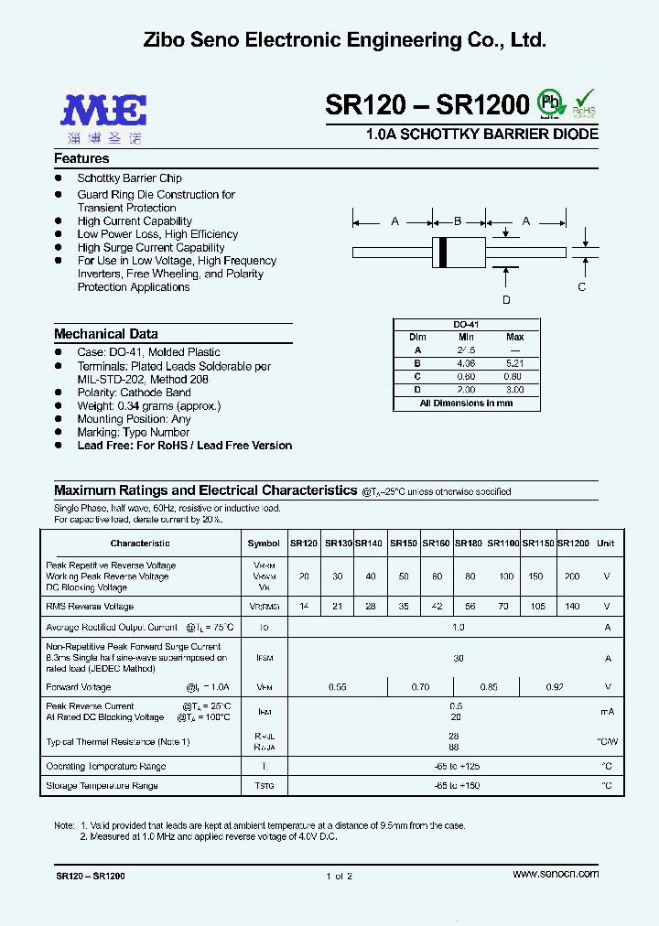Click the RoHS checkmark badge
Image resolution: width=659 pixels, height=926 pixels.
coord(583,104)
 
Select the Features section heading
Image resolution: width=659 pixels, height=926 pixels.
coord(81,158)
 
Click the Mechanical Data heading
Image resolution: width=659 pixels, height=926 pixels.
coord(105,334)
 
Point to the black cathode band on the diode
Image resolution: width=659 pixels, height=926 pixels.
coord(445,252)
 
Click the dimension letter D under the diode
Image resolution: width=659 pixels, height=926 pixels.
coord(506,300)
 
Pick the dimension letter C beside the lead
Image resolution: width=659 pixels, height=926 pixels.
coord(581,286)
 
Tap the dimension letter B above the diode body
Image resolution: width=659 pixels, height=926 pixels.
coord(459,221)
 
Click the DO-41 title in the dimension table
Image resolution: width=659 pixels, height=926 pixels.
coord(466,325)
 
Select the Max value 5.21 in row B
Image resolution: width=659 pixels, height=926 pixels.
coord(515,362)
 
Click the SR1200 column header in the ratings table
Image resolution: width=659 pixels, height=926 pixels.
coord(574,544)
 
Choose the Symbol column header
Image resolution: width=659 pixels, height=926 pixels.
coord(264,544)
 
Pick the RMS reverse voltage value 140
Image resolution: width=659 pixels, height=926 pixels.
coord(572,607)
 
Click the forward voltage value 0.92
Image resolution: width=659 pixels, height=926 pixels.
coord(554,686)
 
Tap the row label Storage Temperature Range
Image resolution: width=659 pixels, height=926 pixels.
coord(102,786)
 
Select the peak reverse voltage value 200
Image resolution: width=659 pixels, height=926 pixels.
coord(572,576)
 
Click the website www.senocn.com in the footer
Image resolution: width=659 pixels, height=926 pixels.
coord(556,874)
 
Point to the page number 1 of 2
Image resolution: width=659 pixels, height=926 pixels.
coord(338,876)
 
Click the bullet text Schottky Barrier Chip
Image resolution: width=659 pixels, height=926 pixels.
coord(129,178)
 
